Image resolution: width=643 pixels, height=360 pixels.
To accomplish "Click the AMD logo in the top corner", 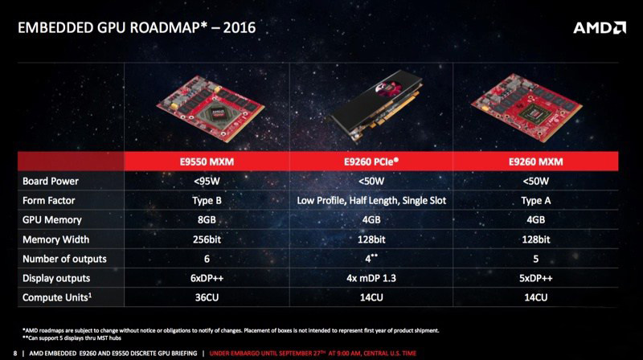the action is point(599,28).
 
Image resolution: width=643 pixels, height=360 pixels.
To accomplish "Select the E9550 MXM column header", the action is point(207,162).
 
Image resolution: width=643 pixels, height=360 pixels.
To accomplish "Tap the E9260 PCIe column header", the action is point(371,162).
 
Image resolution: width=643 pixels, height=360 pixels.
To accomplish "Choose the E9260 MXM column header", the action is point(535,162).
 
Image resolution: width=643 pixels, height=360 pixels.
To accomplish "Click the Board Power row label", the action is point(51,182).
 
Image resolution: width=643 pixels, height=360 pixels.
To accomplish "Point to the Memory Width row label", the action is point(55,239).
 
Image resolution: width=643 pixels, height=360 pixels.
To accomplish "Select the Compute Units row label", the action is point(57,297).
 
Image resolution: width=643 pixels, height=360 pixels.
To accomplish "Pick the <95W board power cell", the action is point(207,182).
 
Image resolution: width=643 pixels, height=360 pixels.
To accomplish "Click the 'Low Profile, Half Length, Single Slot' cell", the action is point(371,201).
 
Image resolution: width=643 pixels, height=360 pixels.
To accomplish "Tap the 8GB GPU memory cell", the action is point(207,219).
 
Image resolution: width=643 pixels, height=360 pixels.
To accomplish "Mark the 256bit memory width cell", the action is point(207,239).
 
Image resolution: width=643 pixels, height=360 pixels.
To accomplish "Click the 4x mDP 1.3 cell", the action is point(371,278).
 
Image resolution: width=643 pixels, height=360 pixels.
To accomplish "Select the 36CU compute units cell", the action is point(207,297).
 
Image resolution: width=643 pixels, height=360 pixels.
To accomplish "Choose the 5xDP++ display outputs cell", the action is point(535,278).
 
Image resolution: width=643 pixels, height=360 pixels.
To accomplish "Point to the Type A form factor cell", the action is point(535,201).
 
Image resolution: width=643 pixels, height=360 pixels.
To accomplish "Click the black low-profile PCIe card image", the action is point(375,108).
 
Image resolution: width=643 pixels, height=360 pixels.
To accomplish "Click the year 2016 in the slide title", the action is point(240,28).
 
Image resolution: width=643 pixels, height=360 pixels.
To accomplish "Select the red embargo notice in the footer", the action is point(313,353).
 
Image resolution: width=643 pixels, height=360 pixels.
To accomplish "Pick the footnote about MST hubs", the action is point(72,337).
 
